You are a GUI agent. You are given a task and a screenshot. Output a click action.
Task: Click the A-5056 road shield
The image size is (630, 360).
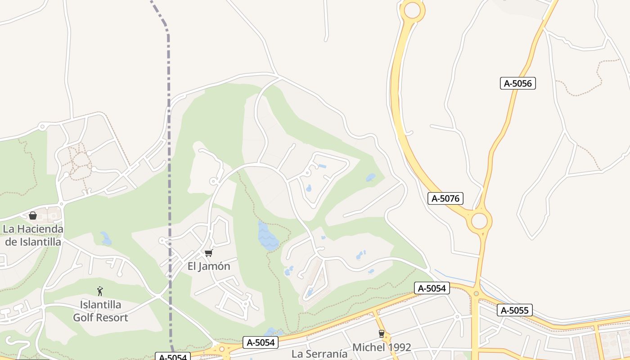(517, 83)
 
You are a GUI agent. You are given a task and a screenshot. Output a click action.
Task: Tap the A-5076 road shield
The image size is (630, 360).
(445, 198)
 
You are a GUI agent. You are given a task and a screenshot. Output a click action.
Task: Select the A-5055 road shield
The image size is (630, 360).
(515, 310)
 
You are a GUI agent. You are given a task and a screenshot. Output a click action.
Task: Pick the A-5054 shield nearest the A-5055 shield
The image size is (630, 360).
(432, 288)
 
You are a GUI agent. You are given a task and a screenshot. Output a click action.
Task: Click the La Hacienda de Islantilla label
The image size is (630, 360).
(32, 235)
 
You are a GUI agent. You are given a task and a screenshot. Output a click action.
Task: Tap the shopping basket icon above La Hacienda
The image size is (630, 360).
(33, 216)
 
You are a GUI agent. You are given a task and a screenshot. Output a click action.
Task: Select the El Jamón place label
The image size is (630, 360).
(209, 266)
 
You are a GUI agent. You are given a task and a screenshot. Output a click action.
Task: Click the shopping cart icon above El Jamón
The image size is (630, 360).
(208, 253)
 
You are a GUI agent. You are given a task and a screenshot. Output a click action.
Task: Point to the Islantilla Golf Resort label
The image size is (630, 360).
(100, 311)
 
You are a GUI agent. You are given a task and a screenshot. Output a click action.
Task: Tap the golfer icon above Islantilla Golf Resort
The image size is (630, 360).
(100, 291)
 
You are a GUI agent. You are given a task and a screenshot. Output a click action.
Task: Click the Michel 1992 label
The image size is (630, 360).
(382, 347)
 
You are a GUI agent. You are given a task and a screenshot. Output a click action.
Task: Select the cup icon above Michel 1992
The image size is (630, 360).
(382, 334)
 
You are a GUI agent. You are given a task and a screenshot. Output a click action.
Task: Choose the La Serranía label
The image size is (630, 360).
(319, 354)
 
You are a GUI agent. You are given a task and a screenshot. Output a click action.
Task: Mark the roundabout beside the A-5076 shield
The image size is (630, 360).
(479, 221)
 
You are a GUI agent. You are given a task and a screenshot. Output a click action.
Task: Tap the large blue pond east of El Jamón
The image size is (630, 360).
(267, 236)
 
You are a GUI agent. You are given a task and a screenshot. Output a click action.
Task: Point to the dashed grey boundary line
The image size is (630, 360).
(169, 180)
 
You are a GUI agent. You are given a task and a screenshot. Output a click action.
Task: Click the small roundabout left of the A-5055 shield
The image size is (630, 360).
(476, 294)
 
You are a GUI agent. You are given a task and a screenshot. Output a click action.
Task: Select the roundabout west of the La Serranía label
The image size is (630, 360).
(221, 349)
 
